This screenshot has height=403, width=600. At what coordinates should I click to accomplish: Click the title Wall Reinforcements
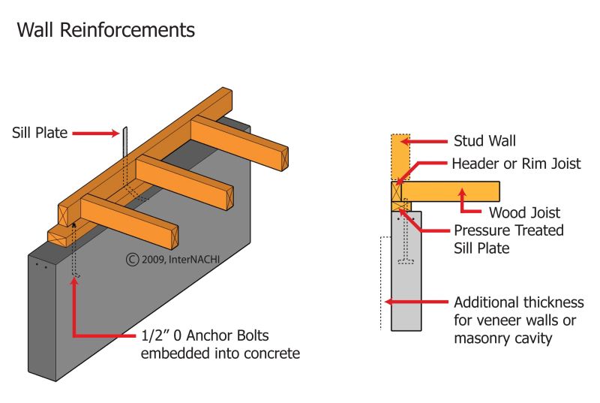pos(106,30)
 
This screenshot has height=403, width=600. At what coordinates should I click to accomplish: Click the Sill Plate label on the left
pos(40,134)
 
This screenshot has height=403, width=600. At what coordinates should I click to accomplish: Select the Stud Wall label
pos(484,140)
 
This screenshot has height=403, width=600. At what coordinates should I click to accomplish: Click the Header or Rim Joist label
pos(517,164)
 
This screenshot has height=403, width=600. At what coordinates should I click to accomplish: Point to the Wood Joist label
pos(524,212)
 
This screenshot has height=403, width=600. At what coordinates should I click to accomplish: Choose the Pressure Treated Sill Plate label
pos(508,239)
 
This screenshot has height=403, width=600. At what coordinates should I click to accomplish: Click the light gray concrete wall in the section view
pos(406,293)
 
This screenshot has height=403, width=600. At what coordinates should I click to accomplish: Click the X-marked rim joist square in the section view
pos(398,191)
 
